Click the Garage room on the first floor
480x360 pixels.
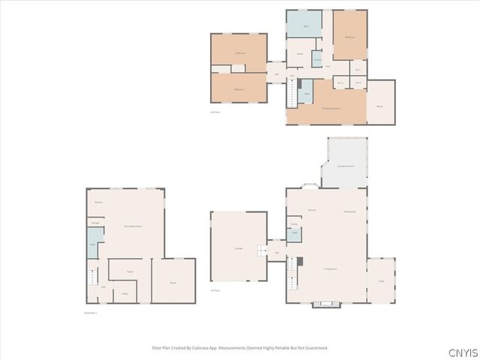click(238, 248)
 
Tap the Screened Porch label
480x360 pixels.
click(346, 165)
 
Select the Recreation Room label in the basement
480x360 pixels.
click(133, 226)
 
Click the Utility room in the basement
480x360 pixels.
click(126, 294)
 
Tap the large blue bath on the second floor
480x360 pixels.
click(304, 25)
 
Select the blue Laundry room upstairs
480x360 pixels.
click(317, 59)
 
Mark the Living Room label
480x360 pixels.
click(330, 268)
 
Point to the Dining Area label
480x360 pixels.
click(349, 211)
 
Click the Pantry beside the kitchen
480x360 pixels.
click(294, 223)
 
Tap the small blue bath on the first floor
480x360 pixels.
click(295, 233)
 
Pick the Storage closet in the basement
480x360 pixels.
click(96, 223)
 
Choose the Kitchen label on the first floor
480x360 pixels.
click(311, 210)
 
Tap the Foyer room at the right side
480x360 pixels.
click(380, 280)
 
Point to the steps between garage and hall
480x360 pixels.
click(262, 250)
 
